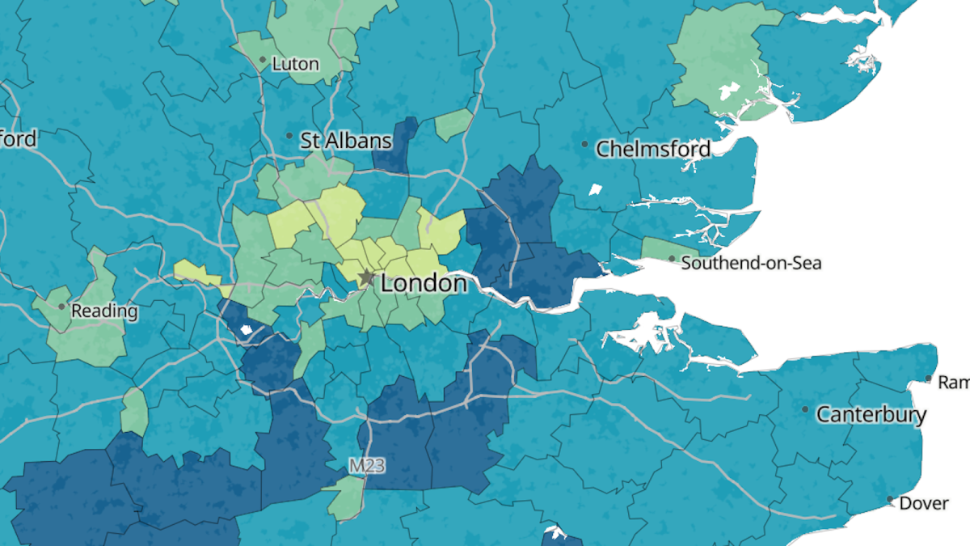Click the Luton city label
coord(296,64)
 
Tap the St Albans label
coord(346,141)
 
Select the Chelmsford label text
coord(653,149)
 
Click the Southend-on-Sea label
coord(751,263)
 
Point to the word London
coord(424,284)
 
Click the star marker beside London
coord(366,278)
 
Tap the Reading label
coord(104,311)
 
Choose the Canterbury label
coord(871,415)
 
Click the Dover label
coord(924,503)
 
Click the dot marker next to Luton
coord(263,60)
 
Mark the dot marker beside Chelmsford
coord(585,145)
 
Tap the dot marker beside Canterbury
coord(805,409)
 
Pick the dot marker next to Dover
coord(890,500)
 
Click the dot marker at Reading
coord(61,307)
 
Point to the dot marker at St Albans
coord(289,136)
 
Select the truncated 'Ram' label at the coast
coord(953,381)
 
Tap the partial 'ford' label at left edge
coord(18,138)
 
